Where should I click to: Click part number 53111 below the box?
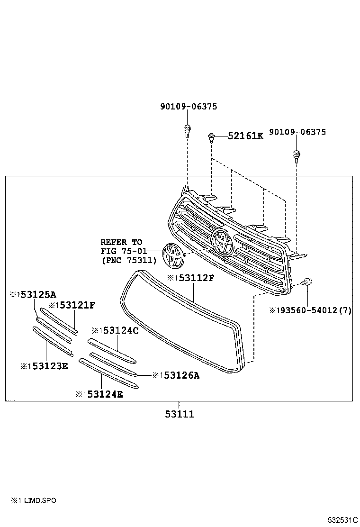coord(180,414)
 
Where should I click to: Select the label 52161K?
coord(245,136)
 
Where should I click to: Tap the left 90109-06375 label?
coord(188,107)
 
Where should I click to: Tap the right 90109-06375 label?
coord(297,132)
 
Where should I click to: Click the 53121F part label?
coord(75,305)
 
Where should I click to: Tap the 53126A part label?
coord(179,375)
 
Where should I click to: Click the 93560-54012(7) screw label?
coord(313,310)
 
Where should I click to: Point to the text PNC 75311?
coord(128,260)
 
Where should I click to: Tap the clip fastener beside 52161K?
coord(211,138)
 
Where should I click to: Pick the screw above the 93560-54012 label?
coord(307,283)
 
